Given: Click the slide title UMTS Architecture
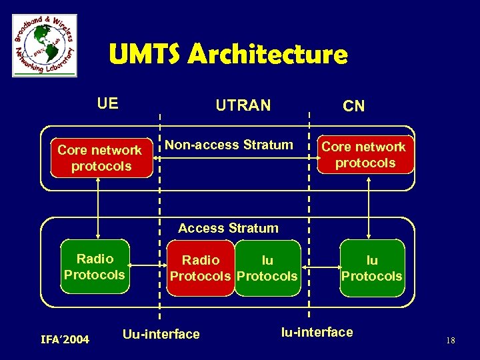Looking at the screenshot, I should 228,54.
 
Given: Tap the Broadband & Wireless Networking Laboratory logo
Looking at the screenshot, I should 45,45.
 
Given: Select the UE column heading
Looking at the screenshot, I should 107,103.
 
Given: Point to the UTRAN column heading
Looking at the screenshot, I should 243,105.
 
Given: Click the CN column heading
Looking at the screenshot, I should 353,107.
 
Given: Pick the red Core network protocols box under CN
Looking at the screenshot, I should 364,155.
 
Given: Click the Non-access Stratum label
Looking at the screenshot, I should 229,145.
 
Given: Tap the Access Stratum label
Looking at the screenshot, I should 228,228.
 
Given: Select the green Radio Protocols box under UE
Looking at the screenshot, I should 95,267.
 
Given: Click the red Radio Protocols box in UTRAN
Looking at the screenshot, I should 201,268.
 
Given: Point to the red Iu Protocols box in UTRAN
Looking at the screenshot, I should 267,268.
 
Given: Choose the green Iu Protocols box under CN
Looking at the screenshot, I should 371,268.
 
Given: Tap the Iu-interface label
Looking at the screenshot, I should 317,332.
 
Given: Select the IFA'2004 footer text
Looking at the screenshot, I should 65,340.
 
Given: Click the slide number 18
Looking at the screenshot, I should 450,341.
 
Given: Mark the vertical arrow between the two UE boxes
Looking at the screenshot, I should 99,208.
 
